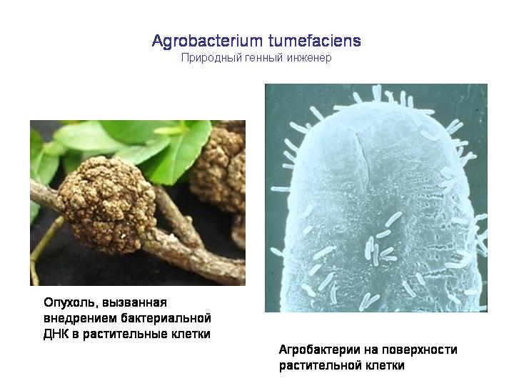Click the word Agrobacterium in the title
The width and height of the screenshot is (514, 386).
pyautogui.click(x=207, y=41)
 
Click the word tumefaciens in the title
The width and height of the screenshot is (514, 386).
pyautogui.click(x=315, y=41)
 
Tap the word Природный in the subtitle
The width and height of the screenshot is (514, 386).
pyautogui.click(x=213, y=58)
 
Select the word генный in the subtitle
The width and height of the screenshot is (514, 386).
pyautogui.click(x=264, y=58)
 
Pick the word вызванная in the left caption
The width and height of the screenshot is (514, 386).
pyautogui.click(x=134, y=302)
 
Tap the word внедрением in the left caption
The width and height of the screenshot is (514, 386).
pyautogui.click(x=80, y=318)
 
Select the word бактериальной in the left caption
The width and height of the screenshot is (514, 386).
pyautogui.click(x=165, y=318)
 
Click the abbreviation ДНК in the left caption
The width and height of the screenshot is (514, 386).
pyautogui.click(x=56, y=334)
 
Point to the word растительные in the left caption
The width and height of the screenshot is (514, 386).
pyautogui.click(x=125, y=334)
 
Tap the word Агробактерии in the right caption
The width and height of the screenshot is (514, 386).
pyautogui.click(x=319, y=350)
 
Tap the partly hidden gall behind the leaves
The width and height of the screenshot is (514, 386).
pyautogui.click(x=219, y=168)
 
